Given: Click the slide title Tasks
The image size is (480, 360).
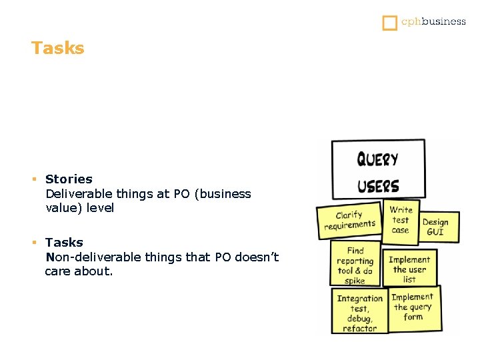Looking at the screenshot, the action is coord(58,49).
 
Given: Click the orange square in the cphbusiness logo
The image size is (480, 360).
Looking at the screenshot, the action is coord(389,23).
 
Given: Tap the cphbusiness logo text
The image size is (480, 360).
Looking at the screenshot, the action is coord(433,21).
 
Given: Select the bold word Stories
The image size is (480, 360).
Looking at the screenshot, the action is coord(69,179).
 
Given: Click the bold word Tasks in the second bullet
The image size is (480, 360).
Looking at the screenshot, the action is coord(64,242).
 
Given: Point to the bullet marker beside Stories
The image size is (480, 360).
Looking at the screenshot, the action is coord(34,179).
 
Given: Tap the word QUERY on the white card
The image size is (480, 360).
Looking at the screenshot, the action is coord(377,159).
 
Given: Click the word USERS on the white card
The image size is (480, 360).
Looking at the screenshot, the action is coord(378,186).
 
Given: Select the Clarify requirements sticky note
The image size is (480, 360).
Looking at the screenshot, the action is coord(349,221).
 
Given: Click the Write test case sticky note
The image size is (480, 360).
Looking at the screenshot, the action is coord(401,221).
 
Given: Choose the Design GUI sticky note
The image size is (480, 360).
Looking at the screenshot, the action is coord(435,227).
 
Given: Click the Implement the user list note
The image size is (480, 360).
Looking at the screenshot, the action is coord(409,269).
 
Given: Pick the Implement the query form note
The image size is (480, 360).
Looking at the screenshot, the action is coord(413,307).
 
